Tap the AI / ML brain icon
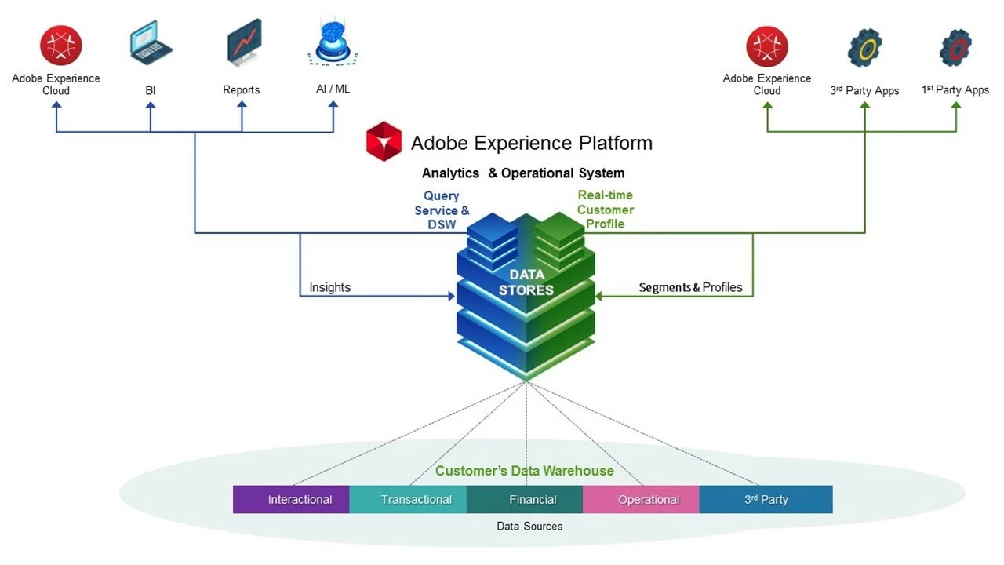click(x=333, y=42)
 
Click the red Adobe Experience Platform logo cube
click(x=384, y=142)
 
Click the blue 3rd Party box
click(x=766, y=499)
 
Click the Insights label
click(x=329, y=287)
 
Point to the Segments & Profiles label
click(x=690, y=287)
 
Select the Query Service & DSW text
click(x=442, y=210)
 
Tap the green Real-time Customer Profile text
click(x=605, y=210)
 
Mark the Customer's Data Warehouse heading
click(x=524, y=471)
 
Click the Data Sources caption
click(x=529, y=526)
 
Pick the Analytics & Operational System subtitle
click(x=523, y=173)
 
